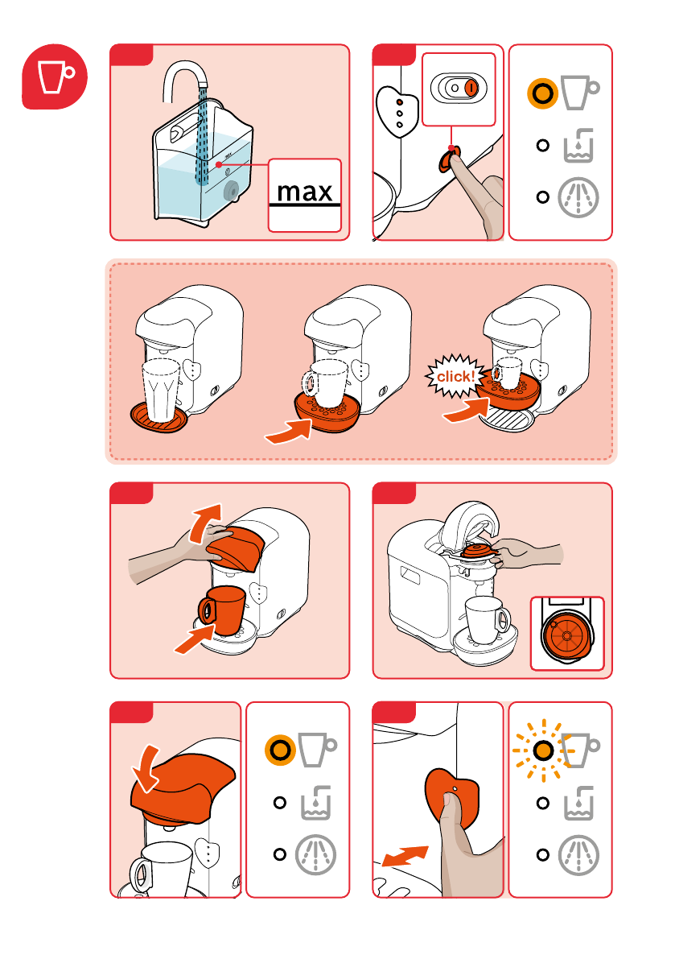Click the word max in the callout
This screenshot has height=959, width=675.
tap(304, 192)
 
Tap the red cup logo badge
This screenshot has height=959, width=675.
tap(55, 76)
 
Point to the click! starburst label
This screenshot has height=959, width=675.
tap(455, 376)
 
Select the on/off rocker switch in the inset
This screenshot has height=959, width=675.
tap(459, 88)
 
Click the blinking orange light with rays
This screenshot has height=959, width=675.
tap(542, 750)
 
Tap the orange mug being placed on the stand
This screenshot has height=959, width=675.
tap(222, 610)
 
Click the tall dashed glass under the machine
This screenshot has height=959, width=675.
tap(161, 390)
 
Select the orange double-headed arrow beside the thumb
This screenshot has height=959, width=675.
tap(405, 856)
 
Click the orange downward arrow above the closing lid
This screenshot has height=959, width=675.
tap(146, 768)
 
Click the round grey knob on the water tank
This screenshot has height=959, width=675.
tap(232, 191)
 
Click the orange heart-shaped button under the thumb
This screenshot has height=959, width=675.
tap(452, 797)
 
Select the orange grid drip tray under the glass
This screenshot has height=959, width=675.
tap(158, 417)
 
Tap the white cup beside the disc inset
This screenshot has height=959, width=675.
tap(487, 620)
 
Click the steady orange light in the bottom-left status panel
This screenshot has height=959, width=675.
tap(281, 750)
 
